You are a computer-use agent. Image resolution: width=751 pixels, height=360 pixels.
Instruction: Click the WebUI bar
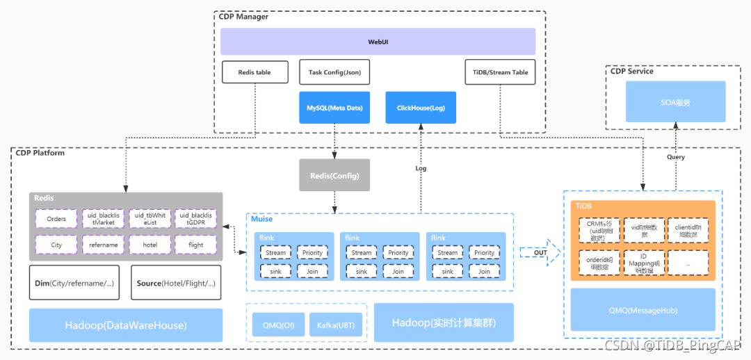click(x=378, y=42)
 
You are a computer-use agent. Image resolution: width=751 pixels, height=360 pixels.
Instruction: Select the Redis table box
click(x=254, y=72)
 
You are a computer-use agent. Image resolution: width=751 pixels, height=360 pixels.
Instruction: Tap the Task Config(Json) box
click(x=334, y=72)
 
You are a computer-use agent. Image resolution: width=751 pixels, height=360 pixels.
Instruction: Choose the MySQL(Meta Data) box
click(x=334, y=108)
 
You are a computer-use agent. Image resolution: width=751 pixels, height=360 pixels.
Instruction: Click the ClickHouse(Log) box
click(x=421, y=108)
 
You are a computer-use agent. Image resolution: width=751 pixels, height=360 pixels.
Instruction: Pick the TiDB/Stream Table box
click(x=500, y=72)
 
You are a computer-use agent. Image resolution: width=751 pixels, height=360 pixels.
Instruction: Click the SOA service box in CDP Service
click(x=676, y=102)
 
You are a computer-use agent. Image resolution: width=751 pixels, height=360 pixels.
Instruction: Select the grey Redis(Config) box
click(x=334, y=176)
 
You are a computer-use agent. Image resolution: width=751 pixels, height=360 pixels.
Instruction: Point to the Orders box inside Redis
click(x=56, y=219)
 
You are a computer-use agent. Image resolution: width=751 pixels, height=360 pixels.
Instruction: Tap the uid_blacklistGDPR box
click(x=195, y=219)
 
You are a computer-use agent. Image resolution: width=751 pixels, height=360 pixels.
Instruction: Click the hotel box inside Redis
click(x=150, y=245)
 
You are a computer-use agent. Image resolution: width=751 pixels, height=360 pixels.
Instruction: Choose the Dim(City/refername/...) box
click(x=74, y=283)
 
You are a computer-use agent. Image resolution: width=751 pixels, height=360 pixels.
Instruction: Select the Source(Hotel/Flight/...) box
click(x=176, y=283)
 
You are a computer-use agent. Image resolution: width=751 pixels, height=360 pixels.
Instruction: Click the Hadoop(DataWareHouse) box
click(x=126, y=325)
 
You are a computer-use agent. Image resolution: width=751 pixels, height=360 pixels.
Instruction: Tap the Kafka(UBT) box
click(x=336, y=325)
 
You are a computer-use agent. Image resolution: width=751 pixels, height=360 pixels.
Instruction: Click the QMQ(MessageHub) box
click(x=643, y=310)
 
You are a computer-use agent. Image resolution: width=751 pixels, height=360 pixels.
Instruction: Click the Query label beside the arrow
click(x=675, y=157)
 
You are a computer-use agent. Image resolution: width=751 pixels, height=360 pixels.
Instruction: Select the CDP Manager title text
click(x=243, y=17)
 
